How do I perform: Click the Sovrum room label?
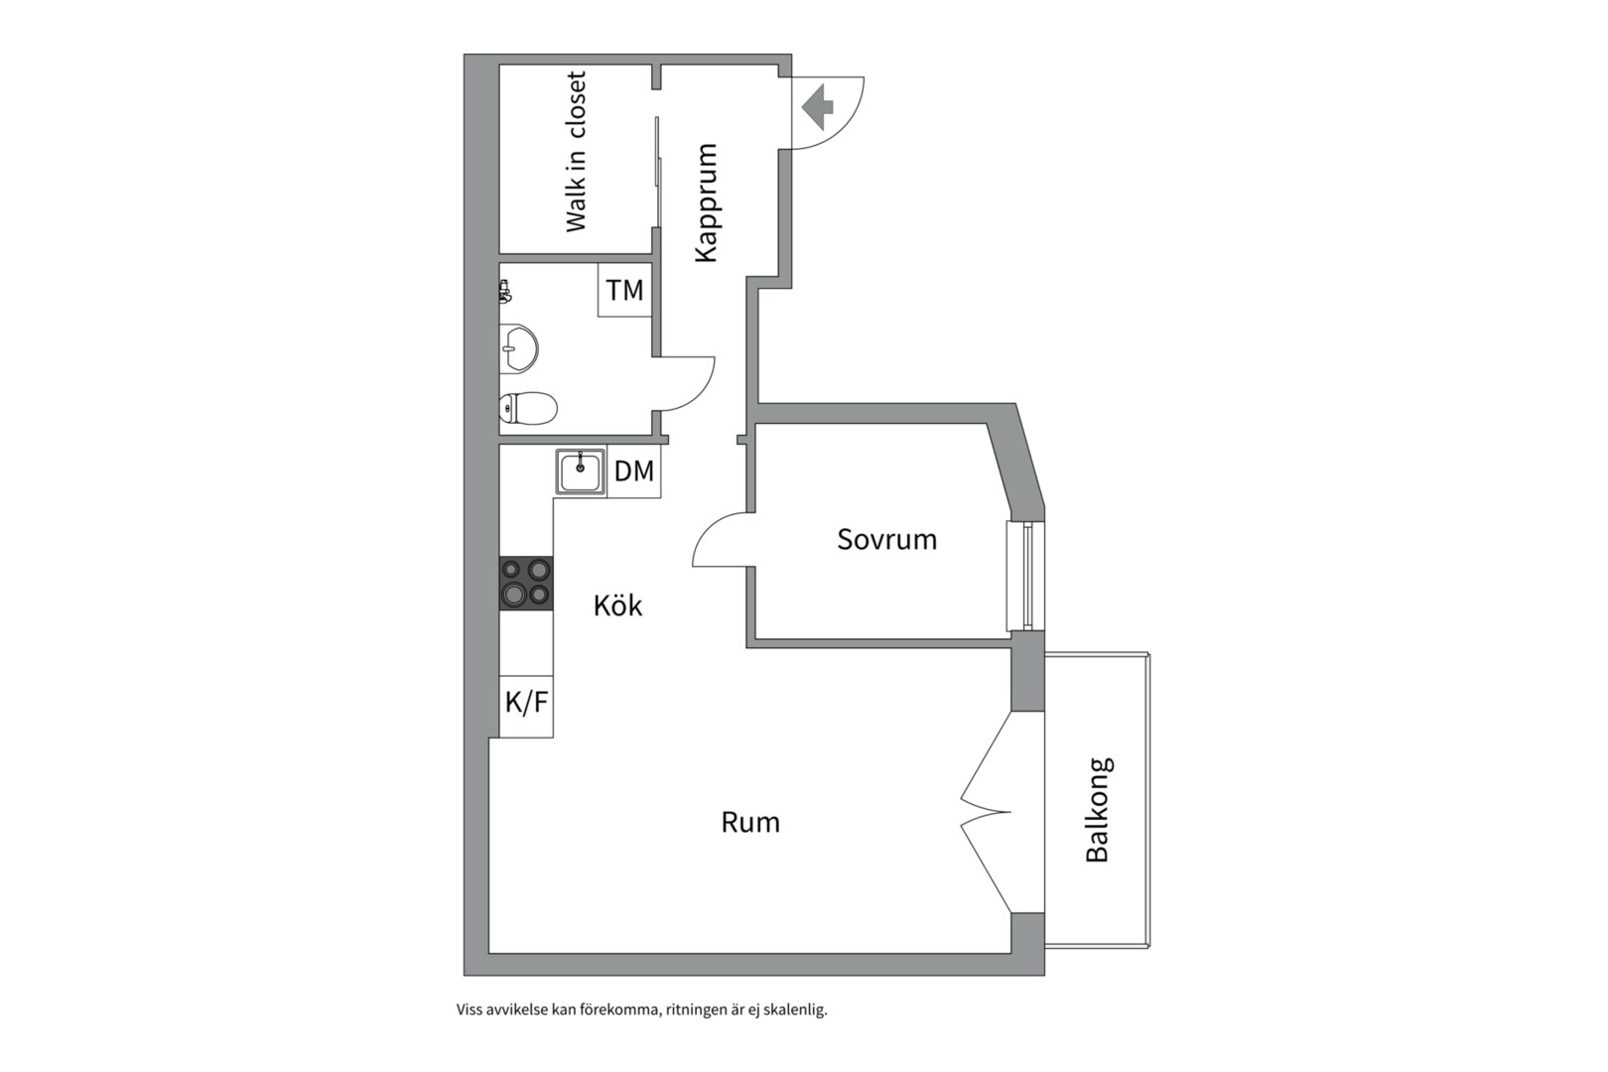click(x=886, y=539)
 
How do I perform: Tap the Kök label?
click(x=617, y=605)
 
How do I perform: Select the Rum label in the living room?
click(x=750, y=822)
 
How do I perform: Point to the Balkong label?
click(x=1098, y=810)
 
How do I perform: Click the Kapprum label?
click(x=706, y=202)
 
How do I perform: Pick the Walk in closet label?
click(x=576, y=152)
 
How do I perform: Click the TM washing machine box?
click(x=624, y=290)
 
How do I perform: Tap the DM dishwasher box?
click(x=634, y=470)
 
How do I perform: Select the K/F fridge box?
click(x=526, y=703)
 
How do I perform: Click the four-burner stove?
click(x=526, y=583)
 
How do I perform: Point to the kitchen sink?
click(x=581, y=470)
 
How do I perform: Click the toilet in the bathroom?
click(x=527, y=408)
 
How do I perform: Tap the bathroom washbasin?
click(x=518, y=347)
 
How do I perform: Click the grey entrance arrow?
click(x=818, y=107)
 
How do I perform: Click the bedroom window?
click(x=1020, y=576)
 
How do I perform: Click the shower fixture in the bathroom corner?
click(x=504, y=290)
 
